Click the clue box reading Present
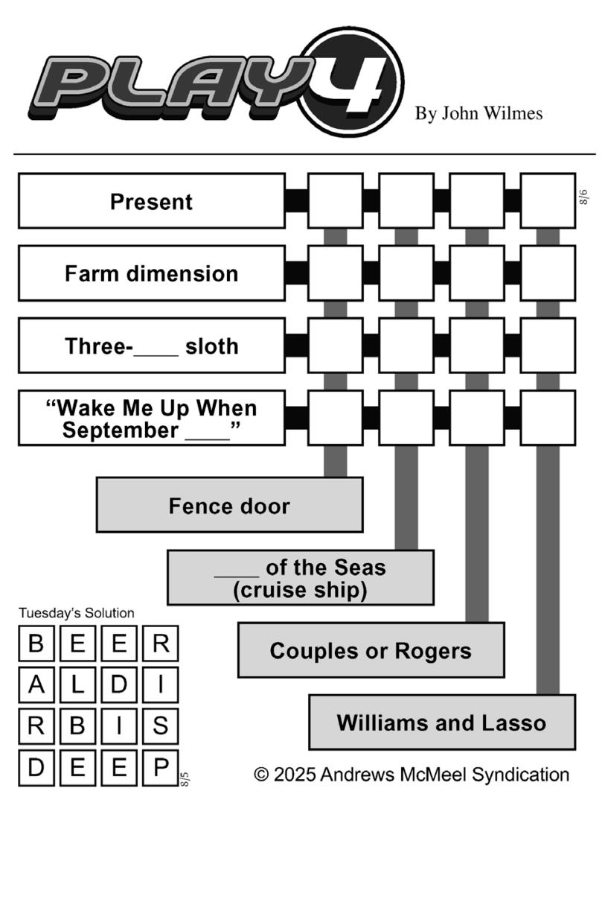coord(152,201)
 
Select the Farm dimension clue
coord(152,273)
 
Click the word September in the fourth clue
coord(121,431)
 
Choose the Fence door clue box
coord(230,505)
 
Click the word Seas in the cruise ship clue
coord(359,568)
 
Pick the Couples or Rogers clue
coord(371,650)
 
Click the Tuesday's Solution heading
coord(76,613)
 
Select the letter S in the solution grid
coord(161,725)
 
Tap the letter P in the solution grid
coord(161,767)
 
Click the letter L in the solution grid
coord(78,684)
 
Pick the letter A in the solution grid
coord(36,684)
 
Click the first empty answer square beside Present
coord(336,200)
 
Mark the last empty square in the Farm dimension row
coord(548,273)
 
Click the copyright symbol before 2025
coord(261,774)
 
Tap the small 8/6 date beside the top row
coord(583,197)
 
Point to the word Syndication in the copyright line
coord(520,775)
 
